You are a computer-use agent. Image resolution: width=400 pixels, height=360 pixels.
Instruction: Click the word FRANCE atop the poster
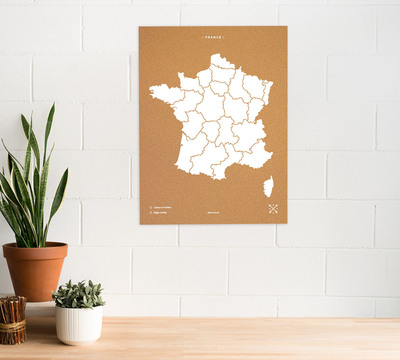[x=212, y=38]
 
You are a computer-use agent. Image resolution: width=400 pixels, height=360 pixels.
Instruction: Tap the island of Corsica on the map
[x=268, y=186]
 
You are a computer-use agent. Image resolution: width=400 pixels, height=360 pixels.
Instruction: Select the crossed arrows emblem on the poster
[x=273, y=209]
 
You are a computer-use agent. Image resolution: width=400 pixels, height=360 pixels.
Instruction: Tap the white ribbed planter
[x=78, y=323]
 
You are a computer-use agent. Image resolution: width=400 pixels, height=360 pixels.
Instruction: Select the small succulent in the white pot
[x=78, y=294]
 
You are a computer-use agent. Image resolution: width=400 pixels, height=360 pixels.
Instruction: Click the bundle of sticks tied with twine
[x=12, y=319]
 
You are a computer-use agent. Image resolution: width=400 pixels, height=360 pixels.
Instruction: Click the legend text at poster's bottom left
[x=160, y=209]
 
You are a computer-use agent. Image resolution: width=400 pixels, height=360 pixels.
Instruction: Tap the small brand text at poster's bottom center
[x=212, y=212]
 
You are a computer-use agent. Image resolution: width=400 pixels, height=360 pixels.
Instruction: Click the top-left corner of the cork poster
[x=140, y=27]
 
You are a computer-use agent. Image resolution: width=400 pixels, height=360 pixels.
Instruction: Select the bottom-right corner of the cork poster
[x=286, y=223]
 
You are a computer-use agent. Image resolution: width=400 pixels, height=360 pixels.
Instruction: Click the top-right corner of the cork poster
[x=286, y=27]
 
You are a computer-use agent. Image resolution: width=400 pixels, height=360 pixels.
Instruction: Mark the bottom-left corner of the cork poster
[x=140, y=223]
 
